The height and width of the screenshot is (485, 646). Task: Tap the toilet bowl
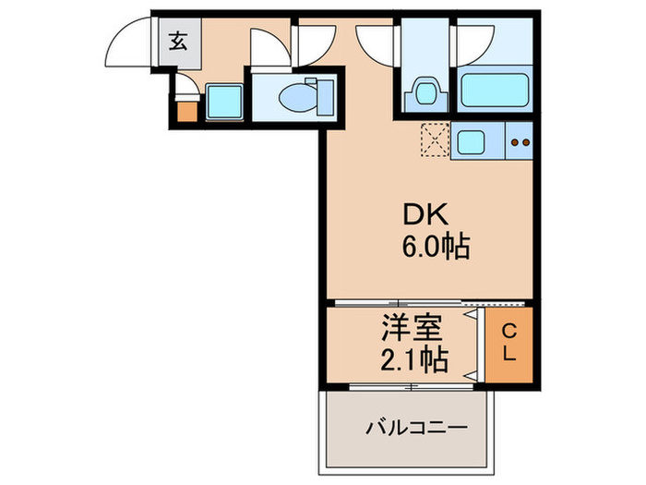(x=293, y=95)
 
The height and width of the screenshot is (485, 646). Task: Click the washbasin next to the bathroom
(x=424, y=92)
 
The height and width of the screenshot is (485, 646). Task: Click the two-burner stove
(x=519, y=142)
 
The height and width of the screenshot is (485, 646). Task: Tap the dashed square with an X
(x=434, y=141)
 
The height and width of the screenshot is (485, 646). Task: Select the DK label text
(x=424, y=216)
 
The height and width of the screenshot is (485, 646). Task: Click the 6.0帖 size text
(x=435, y=247)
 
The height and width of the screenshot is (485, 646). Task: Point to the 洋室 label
(x=413, y=328)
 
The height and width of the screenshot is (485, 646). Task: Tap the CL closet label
(x=508, y=342)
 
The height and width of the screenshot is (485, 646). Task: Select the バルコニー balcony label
(x=416, y=428)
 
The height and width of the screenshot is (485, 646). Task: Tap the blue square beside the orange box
(x=222, y=102)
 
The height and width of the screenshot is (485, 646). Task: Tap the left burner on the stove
(x=514, y=143)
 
